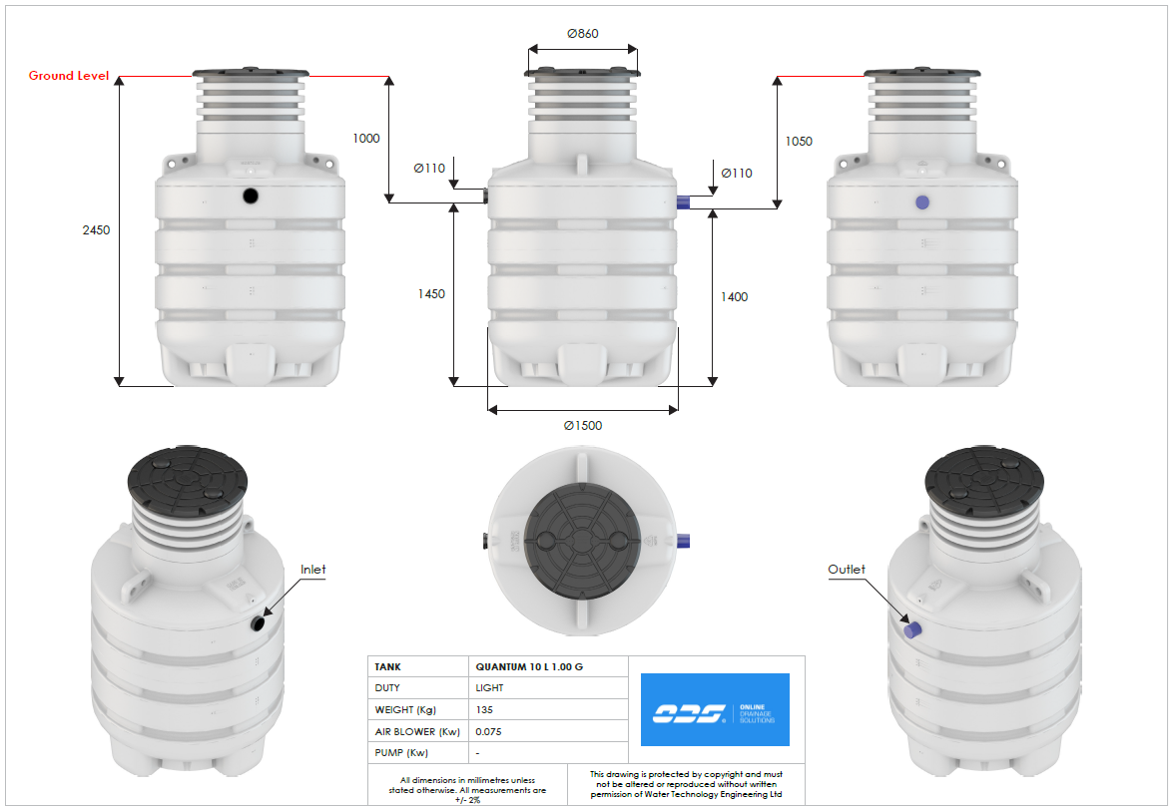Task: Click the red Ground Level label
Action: point(69,76)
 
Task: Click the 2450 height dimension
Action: point(96,229)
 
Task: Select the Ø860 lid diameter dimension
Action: point(582,33)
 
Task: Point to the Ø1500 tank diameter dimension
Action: point(582,425)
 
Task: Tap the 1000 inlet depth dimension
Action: point(366,139)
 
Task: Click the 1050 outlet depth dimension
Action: point(799,142)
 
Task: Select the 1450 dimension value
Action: point(431,294)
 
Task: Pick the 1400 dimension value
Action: point(734,296)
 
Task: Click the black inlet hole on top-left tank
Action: point(251,197)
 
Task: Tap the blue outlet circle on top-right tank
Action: point(921,203)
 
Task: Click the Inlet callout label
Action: point(312,570)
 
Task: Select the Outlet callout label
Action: point(847,570)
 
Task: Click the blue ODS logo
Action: point(715,709)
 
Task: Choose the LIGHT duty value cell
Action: point(490,688)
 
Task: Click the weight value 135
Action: point(485,710)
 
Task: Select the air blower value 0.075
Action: point(488,731)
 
